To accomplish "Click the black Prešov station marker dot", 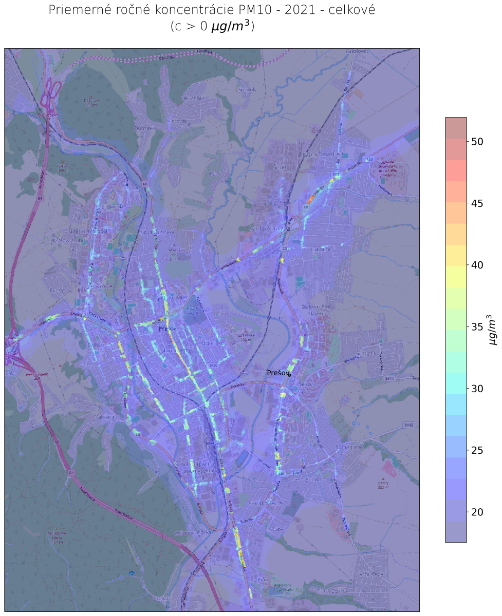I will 290,375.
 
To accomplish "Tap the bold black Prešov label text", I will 277,373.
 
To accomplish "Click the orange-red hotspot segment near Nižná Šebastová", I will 311,199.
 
